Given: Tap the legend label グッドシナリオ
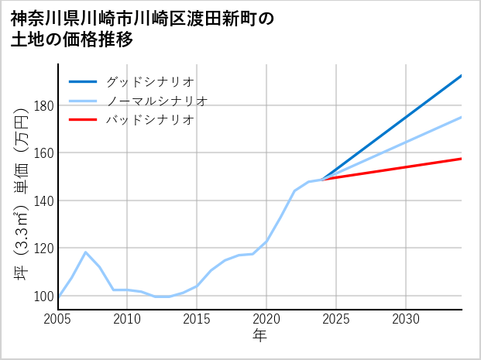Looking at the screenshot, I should tap(149, 81).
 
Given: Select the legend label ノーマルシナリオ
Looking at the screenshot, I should tap(156, 101).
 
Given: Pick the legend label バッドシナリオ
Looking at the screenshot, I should tap(149, 120).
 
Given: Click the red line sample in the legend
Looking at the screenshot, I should tap(83, 120).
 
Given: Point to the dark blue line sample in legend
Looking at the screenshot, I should tap(83, 81).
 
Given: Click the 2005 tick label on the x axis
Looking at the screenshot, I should tap(58, 319).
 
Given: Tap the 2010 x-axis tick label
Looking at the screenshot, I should tap(128, 319).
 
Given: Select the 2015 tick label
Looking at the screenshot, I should tap(197, 319).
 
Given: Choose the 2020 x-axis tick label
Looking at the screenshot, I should tap(266, 319).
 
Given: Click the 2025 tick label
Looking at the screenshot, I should tap(336, 319).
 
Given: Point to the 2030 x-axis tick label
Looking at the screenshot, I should tap(406, 319).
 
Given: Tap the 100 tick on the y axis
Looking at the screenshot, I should tap(42, 296).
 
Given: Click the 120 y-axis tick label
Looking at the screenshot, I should tap(42, 249).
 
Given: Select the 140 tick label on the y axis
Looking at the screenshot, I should tap(42, 201).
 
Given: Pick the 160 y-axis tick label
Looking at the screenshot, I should tap(42, 153).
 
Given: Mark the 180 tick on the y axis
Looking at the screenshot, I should tap(42, 106).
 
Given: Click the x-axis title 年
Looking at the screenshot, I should tap(259, 336).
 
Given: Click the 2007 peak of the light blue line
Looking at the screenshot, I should tap(86, 252).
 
